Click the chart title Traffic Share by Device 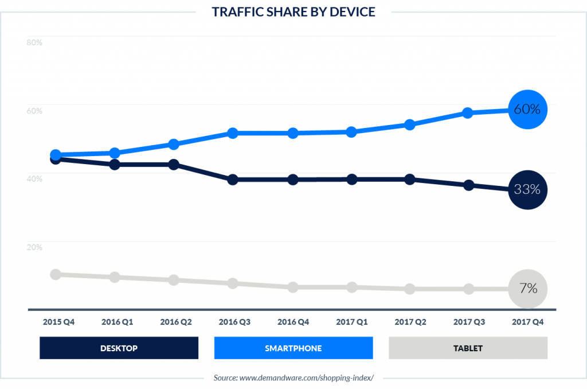tap(293, 12)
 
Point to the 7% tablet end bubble tap(527, 289)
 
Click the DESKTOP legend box tap(119, 348)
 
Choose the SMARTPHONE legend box tap(293, 348)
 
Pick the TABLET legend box tap(468, 348)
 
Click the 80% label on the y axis tap(34, 42)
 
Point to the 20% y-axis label tap(34, 247)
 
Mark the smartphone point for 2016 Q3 tap(233, 133)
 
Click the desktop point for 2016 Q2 tap(174, 165)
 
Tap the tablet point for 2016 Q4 tap(292, 287)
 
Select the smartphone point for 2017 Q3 tap(468, 113)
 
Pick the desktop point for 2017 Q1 tap(351, 179)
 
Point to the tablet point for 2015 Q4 tap(56, 274)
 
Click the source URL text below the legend tap(293, 378)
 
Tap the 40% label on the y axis tap(34, 179)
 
